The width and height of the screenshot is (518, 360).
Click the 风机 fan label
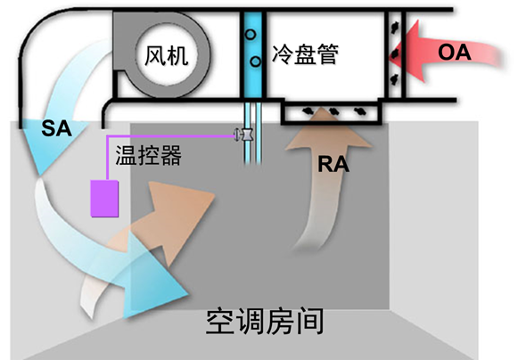167,55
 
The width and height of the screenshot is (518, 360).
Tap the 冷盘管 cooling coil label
305,53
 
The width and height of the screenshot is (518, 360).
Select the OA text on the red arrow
454,53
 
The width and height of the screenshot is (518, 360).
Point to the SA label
56,129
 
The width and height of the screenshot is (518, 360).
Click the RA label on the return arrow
333,164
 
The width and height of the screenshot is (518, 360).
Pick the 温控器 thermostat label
148,155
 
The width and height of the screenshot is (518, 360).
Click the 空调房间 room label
265,322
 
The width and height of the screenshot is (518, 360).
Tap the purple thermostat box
104,198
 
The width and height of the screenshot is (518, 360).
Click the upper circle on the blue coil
251,34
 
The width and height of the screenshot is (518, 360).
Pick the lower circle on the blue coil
255,61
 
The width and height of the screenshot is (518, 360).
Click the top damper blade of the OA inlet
394,27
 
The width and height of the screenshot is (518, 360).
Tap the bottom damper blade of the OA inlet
394,79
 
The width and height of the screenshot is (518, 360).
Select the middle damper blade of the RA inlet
333,111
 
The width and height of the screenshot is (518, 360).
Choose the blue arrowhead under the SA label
53,145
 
